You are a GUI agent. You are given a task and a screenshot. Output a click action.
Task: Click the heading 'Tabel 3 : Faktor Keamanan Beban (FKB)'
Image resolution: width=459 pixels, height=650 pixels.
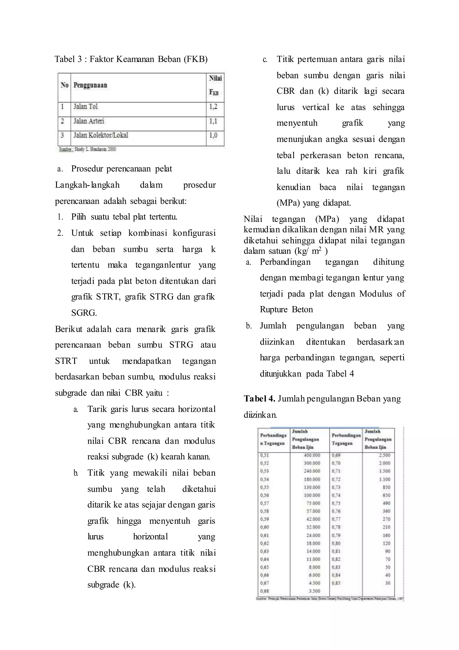pos(131,59)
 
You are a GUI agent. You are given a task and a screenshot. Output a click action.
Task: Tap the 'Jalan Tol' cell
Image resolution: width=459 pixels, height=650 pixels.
pos(85,107)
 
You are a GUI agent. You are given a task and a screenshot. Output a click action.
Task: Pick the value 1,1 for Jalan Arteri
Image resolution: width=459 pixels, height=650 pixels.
pos(213,121)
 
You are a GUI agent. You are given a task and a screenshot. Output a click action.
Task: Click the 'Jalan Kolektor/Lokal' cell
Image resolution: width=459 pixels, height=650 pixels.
pos(101,135)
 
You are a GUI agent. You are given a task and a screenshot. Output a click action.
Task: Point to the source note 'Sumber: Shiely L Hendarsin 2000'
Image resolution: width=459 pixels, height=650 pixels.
pos(87,149)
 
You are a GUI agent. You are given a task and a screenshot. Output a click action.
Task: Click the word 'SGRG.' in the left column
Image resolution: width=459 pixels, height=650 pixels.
pos(84,313)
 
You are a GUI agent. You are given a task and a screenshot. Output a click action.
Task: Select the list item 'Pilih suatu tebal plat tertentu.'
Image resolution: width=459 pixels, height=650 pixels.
pos(124,217)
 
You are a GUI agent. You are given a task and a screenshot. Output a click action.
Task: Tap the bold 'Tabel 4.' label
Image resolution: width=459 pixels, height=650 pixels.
pos(260,399)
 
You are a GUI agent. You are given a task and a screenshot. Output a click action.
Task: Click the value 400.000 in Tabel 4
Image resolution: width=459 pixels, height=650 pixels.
pos(312,455)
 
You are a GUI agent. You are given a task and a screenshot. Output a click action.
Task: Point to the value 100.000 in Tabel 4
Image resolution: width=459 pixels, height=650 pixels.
pos(312,495)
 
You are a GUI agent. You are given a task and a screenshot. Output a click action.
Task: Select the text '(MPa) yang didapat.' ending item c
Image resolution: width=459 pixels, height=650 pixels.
pos(314,203)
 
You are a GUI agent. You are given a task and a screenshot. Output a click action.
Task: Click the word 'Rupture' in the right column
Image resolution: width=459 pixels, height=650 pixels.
pos(274,310)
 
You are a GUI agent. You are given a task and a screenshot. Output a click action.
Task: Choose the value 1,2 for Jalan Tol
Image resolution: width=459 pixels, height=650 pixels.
pos(213,107)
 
